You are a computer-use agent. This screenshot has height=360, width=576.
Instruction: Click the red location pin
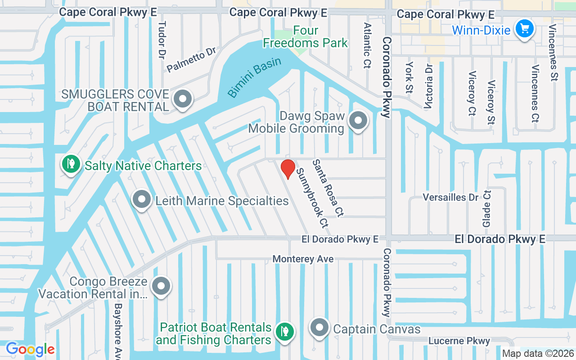[x=288, y=169]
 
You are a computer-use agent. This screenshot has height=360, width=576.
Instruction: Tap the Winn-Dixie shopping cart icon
[x=524, y=29]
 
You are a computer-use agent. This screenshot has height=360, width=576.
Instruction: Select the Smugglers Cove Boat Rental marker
[x=183, y=99]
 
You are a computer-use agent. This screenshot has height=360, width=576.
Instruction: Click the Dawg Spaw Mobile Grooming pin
[x=358, y=121]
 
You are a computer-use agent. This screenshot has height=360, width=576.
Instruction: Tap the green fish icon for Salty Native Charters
[x=71, y=164]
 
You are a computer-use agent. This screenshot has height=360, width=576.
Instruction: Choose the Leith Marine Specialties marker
[x=142, y=199]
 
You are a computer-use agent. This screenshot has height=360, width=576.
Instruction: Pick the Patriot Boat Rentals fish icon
[x=284, y=332]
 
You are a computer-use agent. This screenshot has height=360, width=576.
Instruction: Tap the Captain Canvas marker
[x=319, y=328]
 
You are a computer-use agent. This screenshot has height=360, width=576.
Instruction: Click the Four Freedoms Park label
[x=306, y=37]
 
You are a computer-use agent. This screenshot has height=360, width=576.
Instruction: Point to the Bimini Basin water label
[x=254, y=77]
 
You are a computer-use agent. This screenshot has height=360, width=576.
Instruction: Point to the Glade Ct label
[x=486, y=208]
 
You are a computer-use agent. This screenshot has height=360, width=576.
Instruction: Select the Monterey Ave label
[x=303, y=259]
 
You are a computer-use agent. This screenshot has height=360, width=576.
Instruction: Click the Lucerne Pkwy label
[x=459, y=341]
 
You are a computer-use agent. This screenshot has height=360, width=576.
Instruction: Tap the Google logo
[x=30, y=349]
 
